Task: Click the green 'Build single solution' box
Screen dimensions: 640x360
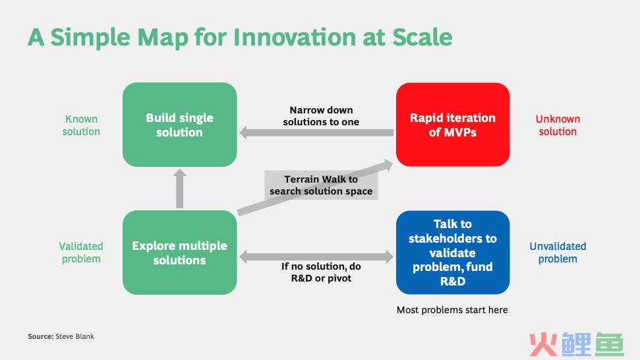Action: coord(179,125)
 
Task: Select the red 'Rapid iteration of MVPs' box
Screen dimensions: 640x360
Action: coord(453,125)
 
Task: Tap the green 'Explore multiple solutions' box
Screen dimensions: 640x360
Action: coord(179,253)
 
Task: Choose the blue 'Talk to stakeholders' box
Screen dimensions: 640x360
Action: coord(453,253)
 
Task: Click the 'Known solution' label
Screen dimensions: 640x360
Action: coord(81,125)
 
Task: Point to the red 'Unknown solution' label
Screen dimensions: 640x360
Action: coord(558,125)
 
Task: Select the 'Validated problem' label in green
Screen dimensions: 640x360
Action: coord(81,253)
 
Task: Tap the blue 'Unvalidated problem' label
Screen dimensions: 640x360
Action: coord(558,253)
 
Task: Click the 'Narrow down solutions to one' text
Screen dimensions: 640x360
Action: coord(321,116)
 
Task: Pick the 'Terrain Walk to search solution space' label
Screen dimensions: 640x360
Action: coord(321,185)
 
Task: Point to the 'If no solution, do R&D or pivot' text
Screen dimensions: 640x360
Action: coord(321,272)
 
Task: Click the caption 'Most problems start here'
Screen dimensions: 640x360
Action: coord(452,310)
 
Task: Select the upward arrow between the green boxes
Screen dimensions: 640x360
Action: coord(179,189)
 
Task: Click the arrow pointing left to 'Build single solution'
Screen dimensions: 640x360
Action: coord(316,133)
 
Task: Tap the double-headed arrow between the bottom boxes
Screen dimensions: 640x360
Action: coord(316,256)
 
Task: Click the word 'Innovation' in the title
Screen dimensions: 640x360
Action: coord(295,37)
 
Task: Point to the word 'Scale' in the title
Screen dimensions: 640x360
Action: coord(422,37)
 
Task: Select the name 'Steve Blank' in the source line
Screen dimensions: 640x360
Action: coord(74,336)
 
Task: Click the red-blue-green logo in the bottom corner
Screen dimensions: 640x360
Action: coord(577,345)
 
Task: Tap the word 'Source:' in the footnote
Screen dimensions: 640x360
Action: coord(40,336)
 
